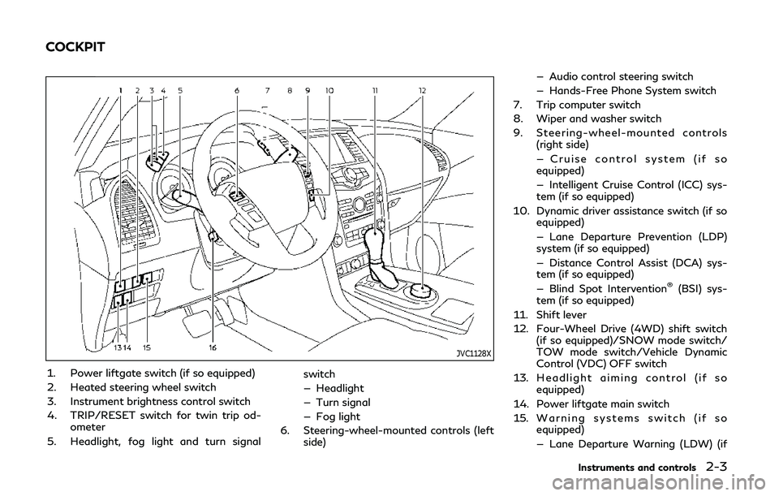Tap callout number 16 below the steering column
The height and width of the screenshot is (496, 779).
[x=212, y=347]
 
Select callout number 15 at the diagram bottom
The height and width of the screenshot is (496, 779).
[x=147, y=347]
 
